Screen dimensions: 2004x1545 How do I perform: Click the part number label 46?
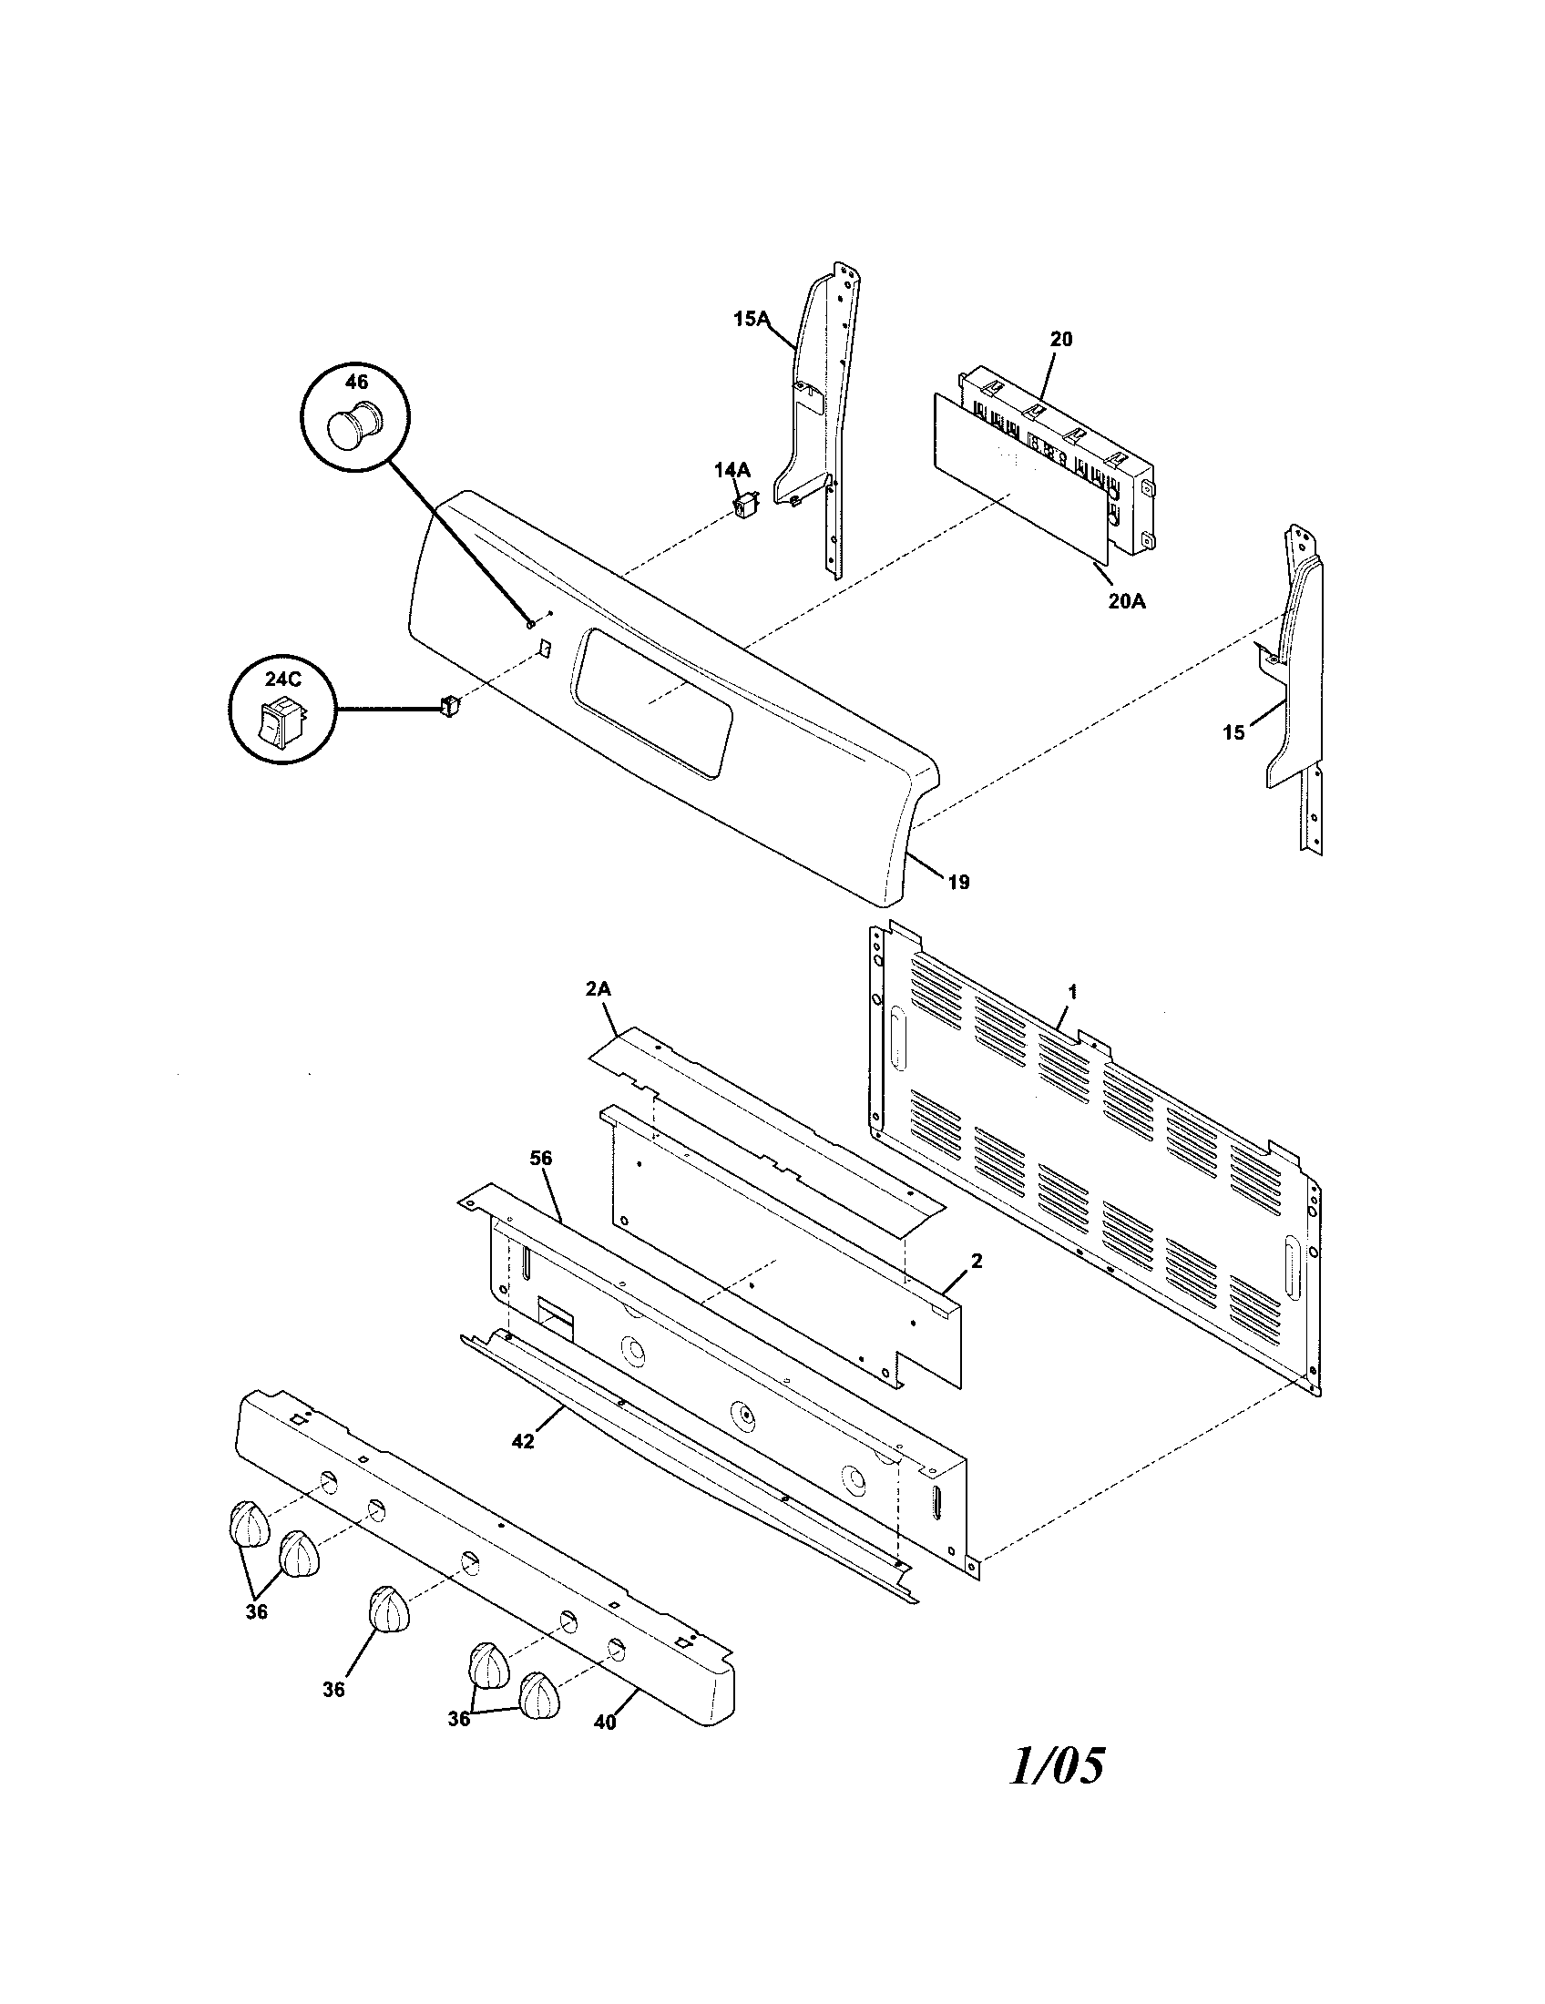click(356, 381)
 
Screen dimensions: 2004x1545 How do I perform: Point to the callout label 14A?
click(732, 470)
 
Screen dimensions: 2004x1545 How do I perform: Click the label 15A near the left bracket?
click(750, 320)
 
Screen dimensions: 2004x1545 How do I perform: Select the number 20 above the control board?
click(1060, 339)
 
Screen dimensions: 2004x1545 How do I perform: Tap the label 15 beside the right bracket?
click(1234, 732)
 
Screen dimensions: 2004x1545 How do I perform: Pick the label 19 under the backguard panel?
click(957, 883)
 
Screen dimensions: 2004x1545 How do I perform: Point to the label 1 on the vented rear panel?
click(1072, 991)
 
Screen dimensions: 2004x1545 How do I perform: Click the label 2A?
click(599, 989)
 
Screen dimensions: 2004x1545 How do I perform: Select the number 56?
click(541, 1158)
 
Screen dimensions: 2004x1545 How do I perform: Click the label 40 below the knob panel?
click(605, 1723)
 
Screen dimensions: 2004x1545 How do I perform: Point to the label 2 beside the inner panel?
click(977, 1261)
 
